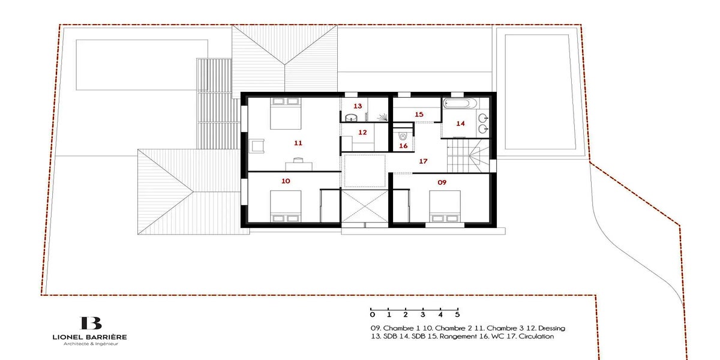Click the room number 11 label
298,143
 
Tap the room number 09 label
442,182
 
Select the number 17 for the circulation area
423,161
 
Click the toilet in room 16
403,136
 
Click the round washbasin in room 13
352,118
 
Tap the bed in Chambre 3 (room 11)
286,113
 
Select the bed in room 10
286,206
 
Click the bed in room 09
445,206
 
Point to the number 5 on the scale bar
457,314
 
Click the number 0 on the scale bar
372,314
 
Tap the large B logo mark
91,323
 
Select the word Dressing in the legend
551,329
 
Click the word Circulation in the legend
536,337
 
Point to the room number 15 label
419,115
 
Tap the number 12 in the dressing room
362,133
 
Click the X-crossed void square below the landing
365,206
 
